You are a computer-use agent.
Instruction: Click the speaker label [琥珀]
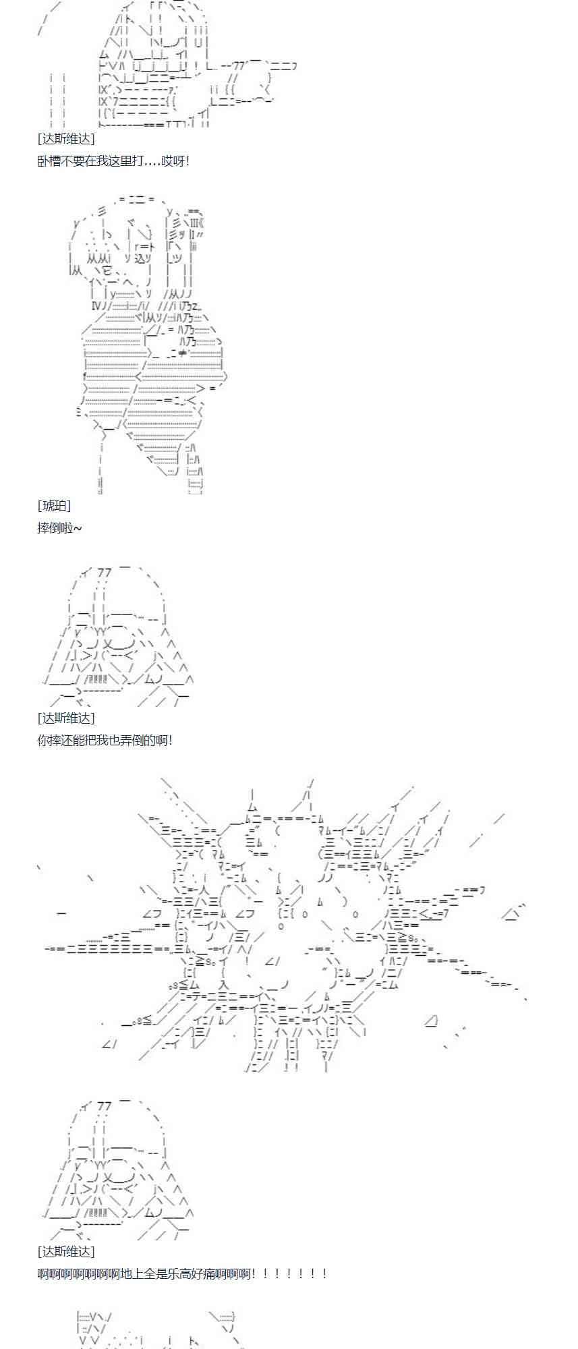point(54,506)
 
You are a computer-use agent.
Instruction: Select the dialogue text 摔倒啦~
point(59,527)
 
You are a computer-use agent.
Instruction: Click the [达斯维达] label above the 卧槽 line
point(66,138)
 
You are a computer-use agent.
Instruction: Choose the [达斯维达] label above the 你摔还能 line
point(66,718)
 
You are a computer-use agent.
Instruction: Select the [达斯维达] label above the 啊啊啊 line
point(66,1251)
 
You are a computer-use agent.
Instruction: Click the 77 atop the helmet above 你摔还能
point(104,573)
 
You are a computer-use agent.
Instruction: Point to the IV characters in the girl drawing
point(96,306)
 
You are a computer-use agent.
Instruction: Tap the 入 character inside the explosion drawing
point(224,986)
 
